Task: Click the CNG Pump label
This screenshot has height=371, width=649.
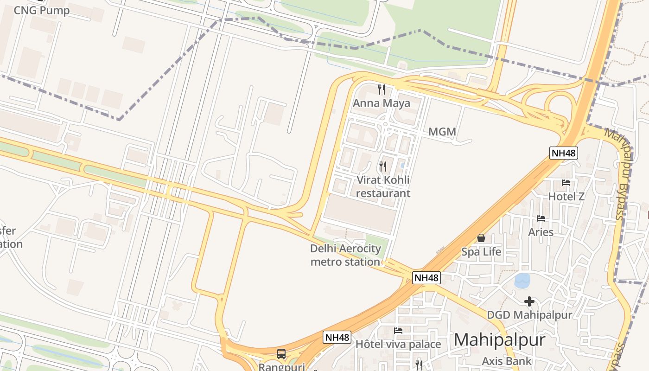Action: [x=41, y=10]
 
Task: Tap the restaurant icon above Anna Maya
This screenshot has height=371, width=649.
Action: [x=382, y=89]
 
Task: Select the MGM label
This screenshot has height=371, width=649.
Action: [x=442, y=132]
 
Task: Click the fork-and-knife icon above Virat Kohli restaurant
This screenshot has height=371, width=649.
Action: [x=383, y=166]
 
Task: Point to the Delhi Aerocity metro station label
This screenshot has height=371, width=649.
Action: [x=345, y=255]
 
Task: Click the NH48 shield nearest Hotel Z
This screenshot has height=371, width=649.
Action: [x=564, y=153]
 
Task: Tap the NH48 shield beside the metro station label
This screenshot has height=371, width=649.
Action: [x=426, y=278]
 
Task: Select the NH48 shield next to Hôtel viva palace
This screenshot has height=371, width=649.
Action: [x=337, y=337]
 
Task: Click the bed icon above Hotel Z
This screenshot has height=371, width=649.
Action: [x=566, y=183]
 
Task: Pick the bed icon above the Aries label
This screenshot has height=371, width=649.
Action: [x=541, y=218]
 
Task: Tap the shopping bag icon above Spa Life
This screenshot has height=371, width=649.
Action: [x=481, y=238]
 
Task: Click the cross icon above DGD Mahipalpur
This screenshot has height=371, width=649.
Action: [x=529, y=302]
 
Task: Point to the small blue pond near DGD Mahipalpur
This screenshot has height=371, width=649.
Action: [x=522, y=280]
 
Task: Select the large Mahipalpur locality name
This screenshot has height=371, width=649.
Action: [x=499, y=340]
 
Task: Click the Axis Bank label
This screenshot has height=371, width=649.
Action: [x=506, y=361]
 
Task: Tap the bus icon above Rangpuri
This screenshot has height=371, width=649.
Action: [x=281, y=354]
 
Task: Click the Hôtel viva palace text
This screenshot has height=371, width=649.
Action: [x=398, y=344]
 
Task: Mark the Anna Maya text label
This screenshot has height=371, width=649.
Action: [x=382, y=103]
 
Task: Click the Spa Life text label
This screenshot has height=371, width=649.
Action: [x=481, y=252]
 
